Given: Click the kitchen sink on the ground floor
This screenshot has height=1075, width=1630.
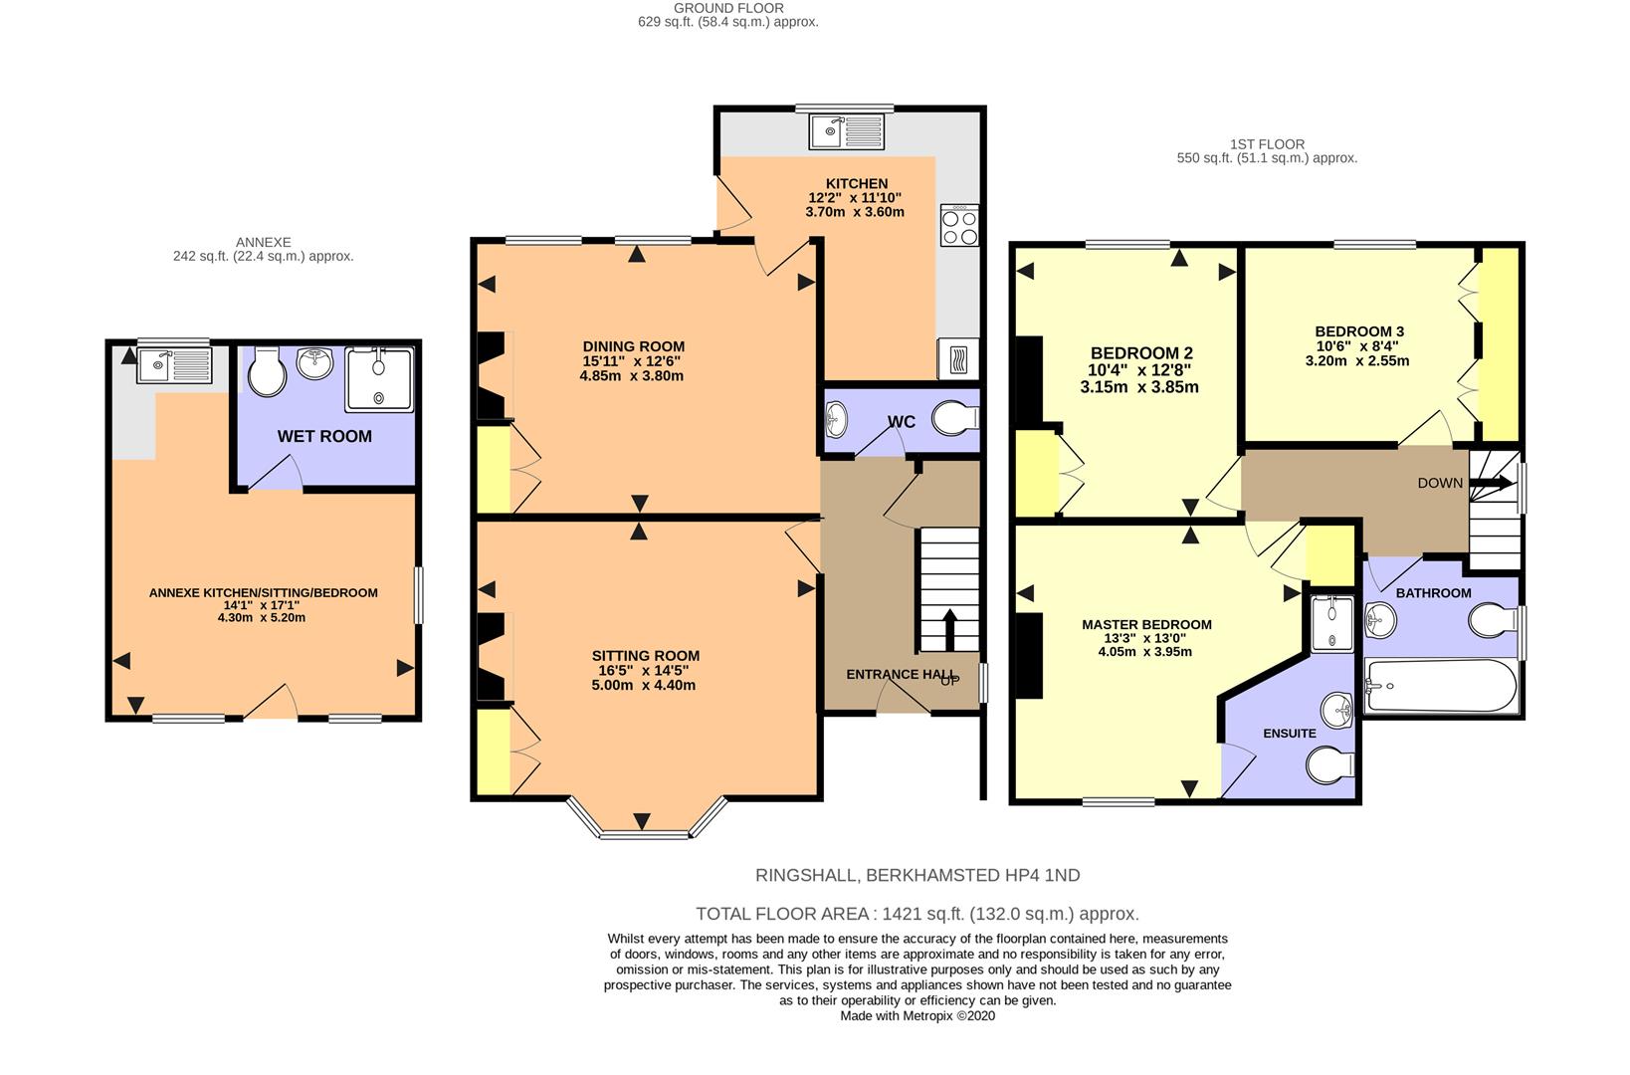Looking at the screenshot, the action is tap(846, 131).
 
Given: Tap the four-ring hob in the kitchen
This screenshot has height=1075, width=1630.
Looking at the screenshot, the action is tap(959, 225).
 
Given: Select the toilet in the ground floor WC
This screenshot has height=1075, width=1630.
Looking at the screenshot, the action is tap(955, 418).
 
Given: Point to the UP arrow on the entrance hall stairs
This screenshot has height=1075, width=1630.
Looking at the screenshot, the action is tap(949, 629).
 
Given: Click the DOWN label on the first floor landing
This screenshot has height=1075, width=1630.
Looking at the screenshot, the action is tap(1439, 483).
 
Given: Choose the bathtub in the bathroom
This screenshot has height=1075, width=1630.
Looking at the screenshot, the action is tap(1441, 686).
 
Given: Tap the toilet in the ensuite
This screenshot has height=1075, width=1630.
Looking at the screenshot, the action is tap(1329, 765).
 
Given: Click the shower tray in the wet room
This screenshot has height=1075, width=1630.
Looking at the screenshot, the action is tap(379, 378).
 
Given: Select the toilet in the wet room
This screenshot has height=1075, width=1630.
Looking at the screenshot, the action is tap(267, 370).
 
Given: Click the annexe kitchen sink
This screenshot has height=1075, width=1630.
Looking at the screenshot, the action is tap(174, 365).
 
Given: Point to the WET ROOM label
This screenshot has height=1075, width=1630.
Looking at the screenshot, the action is tap(324, 436).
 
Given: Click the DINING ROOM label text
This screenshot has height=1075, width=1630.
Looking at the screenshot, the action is tap(633, 346).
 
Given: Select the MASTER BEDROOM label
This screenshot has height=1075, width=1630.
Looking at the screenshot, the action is tap(1146, 624).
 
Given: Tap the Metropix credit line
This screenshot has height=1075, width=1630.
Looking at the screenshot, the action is tap(917, 1016).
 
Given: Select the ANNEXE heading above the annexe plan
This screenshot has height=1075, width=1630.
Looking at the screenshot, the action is tap(264, 242).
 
